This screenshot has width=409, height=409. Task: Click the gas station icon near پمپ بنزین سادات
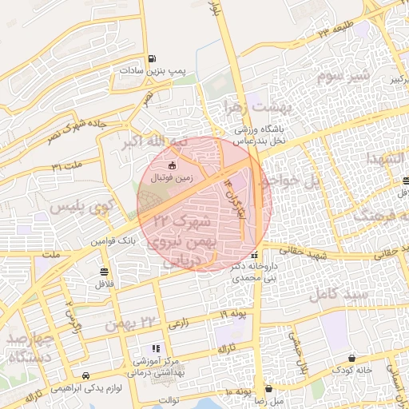(x=152, y=58)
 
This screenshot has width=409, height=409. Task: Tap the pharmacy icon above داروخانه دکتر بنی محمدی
(x=254, y=256)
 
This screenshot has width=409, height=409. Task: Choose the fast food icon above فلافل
(x=105, y=271)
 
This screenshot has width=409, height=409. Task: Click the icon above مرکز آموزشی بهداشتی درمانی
(x=156, y=348)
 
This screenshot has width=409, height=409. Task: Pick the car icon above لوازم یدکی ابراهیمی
(x=85, y=375)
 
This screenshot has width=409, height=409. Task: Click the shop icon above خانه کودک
(x=351, y=358)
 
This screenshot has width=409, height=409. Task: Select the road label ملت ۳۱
(x=67, y=165)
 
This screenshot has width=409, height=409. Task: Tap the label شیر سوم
(x=343, y=77)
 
